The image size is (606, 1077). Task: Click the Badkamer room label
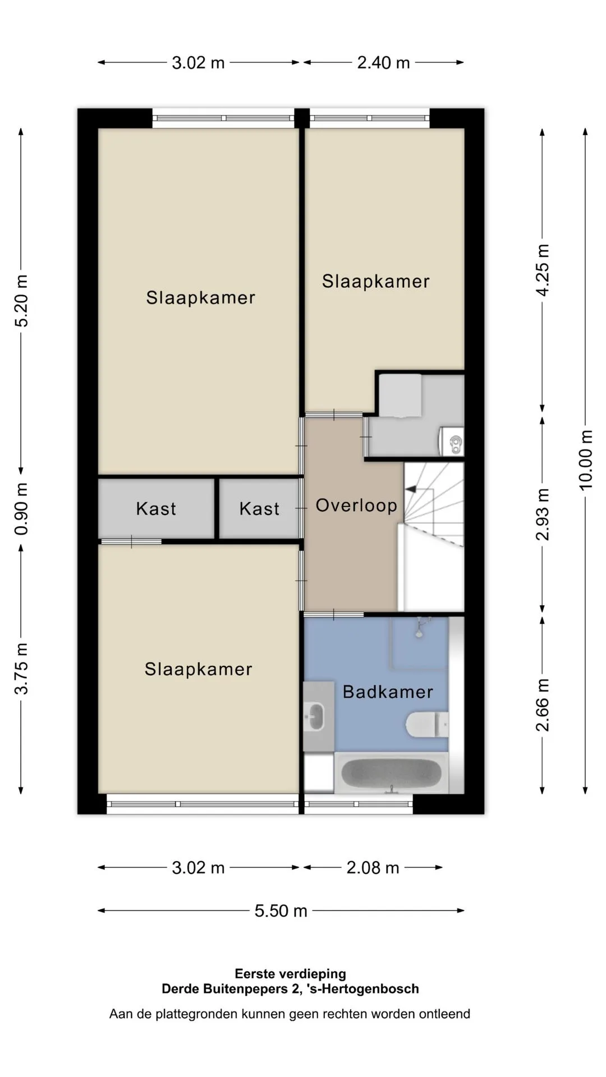point(388,692)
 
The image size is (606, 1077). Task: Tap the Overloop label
point(356,505)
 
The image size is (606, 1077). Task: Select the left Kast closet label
point(156,509)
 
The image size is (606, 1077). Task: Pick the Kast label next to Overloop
point(259,509)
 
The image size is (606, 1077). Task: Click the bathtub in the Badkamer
point(391,773)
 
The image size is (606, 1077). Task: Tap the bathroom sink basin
point(315,716)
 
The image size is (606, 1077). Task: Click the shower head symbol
point(419,627)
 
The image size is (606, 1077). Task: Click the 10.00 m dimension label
point(585,460)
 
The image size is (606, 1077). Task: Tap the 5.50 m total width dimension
point(281,910)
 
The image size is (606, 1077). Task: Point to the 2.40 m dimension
point(383,62)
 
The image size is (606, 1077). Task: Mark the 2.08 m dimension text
point(373,868)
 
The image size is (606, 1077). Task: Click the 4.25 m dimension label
point(543,270)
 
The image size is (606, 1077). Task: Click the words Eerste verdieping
point(290,974)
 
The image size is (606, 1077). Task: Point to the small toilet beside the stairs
point(452,441)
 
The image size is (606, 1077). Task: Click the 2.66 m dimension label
point(543,705)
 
